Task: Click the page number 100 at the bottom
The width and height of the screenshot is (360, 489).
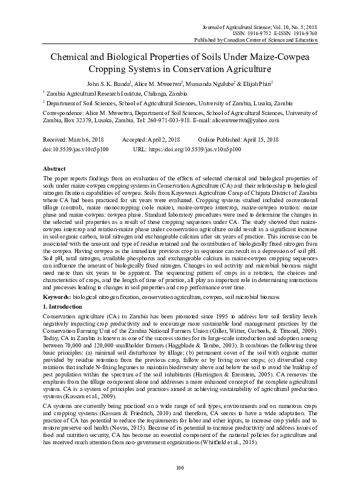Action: click(x=180, y=468)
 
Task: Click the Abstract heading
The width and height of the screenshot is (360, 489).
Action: click(x=55, y=168)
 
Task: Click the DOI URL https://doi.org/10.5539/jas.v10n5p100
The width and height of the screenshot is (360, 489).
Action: click(x=203, y=148)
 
